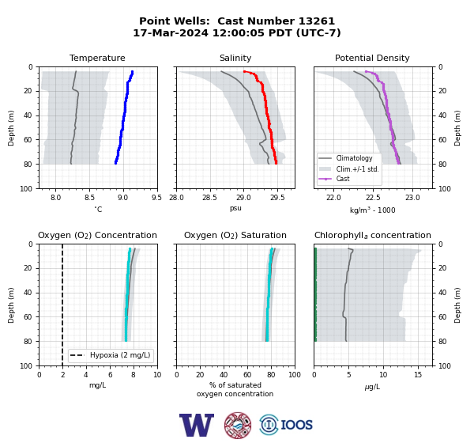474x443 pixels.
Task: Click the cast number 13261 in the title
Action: click(x=317, y=21)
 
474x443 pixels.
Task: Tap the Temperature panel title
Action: click(x=97, y=58)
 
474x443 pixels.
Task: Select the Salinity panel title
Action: click(x=235, y=58)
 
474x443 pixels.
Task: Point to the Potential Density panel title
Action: click(x=372, y=58)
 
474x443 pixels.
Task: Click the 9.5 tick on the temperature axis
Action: click(x=156, y=198)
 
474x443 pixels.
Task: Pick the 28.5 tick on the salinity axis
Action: click(x=209, y=198)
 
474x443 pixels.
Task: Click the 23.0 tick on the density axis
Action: click(x=412, y=198)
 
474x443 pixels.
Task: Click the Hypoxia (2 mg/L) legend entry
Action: click(x=111, y=355)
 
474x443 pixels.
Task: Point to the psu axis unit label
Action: click(x=235, y=208)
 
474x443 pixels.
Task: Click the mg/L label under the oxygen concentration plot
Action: click(x=97, y=385)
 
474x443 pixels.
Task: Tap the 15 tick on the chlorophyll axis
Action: click(x=418, y=375)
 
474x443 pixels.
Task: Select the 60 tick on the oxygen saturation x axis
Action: click(x=247, y=375)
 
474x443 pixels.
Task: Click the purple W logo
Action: click(x=197, y=425)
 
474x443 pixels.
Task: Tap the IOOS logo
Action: click(x=286, y=425)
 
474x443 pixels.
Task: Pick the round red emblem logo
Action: click(x=238, y=425)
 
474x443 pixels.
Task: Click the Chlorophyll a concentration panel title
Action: click(x=372, y=235)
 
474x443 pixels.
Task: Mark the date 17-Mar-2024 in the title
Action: click(x=171, y=32)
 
